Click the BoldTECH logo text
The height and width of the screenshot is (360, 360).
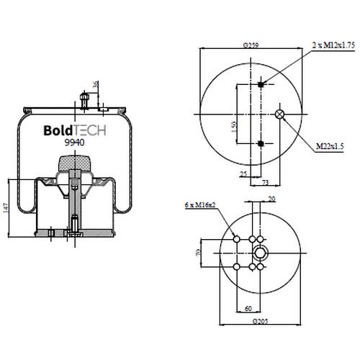pos(75,130)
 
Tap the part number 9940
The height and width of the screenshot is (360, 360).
pos(74,143)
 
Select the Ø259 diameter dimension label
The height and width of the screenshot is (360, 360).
pos(251,45)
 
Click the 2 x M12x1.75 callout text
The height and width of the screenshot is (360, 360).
pos(333,45)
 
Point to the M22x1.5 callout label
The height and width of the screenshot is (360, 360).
pos(330,145)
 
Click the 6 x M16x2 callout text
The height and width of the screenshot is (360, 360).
pos(200,205)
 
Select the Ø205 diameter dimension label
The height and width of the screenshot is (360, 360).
pos(260,321)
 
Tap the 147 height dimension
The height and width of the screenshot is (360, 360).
pos(6,208)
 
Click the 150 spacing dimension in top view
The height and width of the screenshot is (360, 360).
pos(234,127)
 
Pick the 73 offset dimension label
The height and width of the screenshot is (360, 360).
pos(265,183)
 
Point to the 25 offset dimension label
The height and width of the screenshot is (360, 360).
pos(243,174)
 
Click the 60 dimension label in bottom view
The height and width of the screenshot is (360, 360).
pos(248,308)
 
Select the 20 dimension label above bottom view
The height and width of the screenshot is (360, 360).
pos(271,199)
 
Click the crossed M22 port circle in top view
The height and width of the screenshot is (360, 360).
pos(279,114)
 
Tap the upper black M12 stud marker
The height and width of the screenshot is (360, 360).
pos(261,84)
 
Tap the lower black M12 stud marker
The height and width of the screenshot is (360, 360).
pos(261,144)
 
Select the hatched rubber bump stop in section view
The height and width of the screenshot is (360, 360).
pos(75,163)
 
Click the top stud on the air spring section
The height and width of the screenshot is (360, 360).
pos(84,101)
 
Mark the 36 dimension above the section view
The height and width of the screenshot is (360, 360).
pos(96,84)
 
